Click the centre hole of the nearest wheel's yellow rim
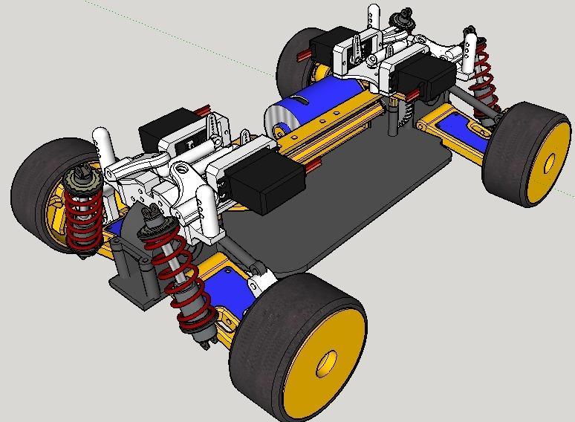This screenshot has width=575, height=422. pyautogui.click(x=325, y=363)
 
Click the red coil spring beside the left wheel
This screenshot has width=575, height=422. pyautogui.click(x=79, y=215)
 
